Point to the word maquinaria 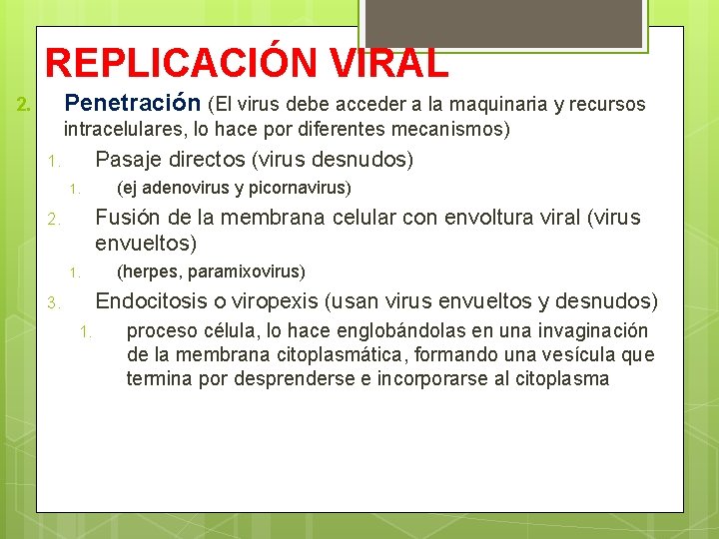(x=496, y=104)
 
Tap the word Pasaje (x=125, y=160)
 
